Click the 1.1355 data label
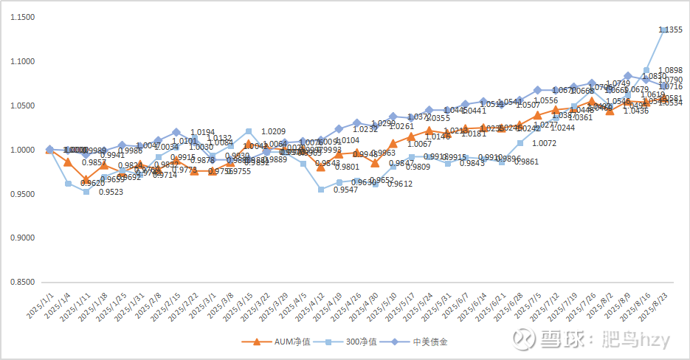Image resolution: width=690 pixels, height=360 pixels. point(671,30)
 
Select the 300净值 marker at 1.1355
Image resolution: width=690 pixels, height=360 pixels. point(664,30)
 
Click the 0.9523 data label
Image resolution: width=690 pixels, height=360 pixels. point(111,193)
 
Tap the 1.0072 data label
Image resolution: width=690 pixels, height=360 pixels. point(544,143)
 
